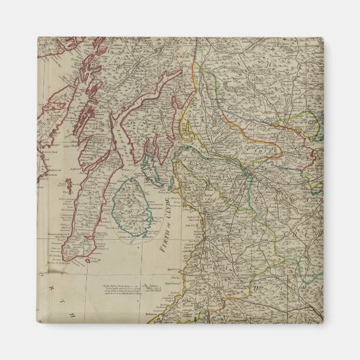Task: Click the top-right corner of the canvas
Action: (323, 37)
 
